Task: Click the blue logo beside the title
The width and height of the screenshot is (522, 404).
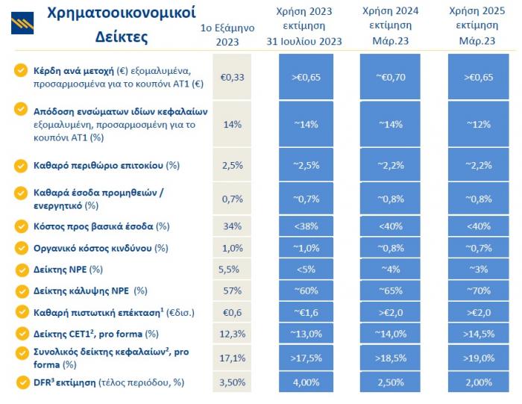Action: click(x=22, y=22)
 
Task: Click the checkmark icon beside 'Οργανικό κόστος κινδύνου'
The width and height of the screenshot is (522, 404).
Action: click(x=21, y=247)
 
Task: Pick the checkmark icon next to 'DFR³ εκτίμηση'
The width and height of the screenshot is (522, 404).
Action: click(x=21, y=382)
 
